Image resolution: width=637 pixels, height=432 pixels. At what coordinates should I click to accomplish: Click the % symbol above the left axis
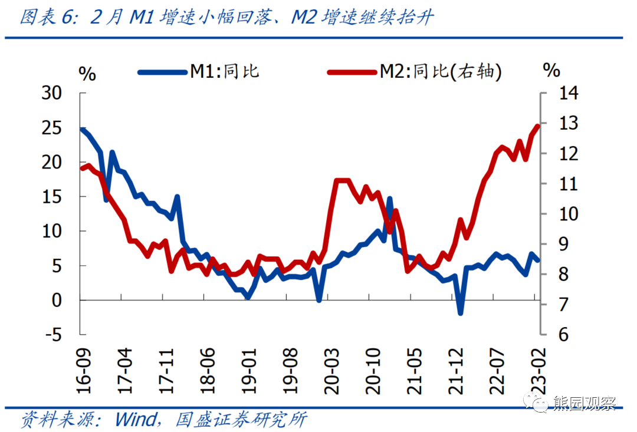pyautogui.click(x=87, y=74)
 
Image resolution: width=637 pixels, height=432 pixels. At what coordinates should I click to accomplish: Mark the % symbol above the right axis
pyautogui.click(x=551, y=71)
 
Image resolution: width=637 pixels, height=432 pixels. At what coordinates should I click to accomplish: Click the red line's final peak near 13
pyautogui.click(x=537, y=126)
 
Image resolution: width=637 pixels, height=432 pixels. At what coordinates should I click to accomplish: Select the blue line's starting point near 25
pyautogui.click(x=83, y=129)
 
